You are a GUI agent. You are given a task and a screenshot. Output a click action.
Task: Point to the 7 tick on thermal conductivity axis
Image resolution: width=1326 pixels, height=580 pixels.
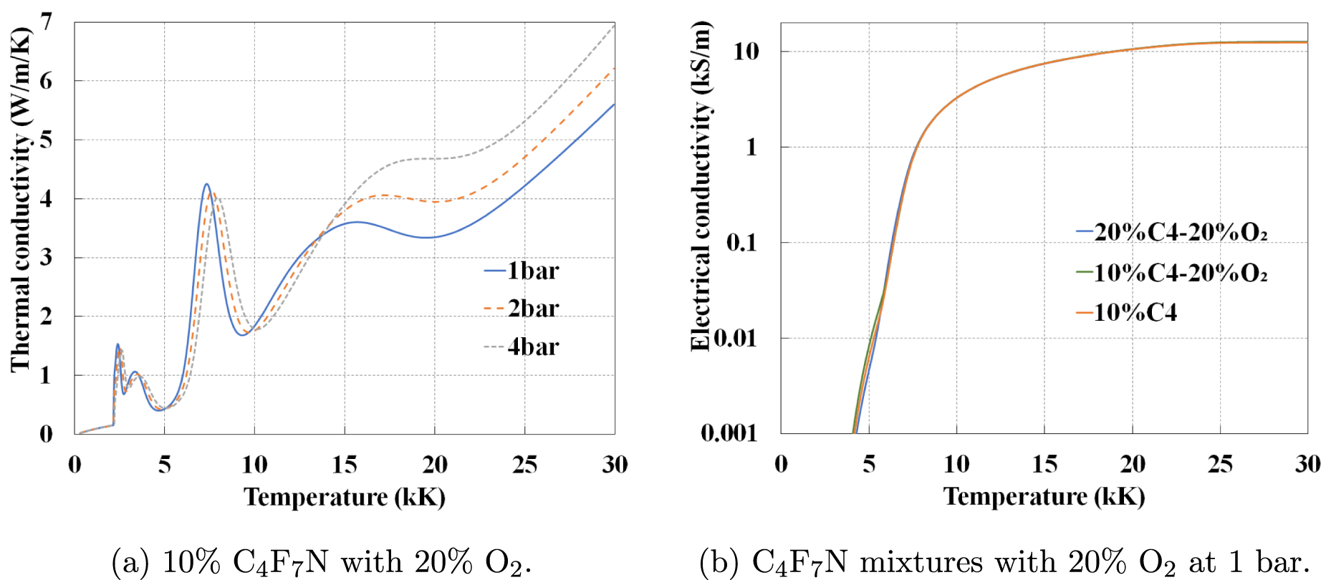[47, 22]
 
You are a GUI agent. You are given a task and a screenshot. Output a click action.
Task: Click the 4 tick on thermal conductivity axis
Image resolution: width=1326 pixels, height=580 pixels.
[47, 198]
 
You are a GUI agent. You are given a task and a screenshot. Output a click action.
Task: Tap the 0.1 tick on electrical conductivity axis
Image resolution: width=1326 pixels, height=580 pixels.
[741, 243]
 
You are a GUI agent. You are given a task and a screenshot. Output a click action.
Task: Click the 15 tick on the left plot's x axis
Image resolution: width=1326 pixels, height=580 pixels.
[345, 465]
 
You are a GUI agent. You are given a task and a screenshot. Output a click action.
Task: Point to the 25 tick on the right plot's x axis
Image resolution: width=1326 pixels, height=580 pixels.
[1220, 465]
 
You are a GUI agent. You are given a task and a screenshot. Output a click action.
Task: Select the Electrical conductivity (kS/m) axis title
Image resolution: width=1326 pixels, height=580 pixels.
[701, 186]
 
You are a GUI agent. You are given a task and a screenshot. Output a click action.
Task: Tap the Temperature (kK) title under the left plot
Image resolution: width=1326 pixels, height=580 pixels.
[345, 497]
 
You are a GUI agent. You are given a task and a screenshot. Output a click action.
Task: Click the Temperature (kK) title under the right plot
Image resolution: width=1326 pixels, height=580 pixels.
[1044, 496]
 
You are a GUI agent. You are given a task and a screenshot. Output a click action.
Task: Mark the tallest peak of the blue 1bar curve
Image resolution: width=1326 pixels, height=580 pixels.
[206, 185]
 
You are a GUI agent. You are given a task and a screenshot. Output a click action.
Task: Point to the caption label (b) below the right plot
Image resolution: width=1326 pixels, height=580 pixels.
[716, 562]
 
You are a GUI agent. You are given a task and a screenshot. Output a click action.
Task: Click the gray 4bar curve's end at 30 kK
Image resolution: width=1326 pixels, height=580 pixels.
[614, 26]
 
